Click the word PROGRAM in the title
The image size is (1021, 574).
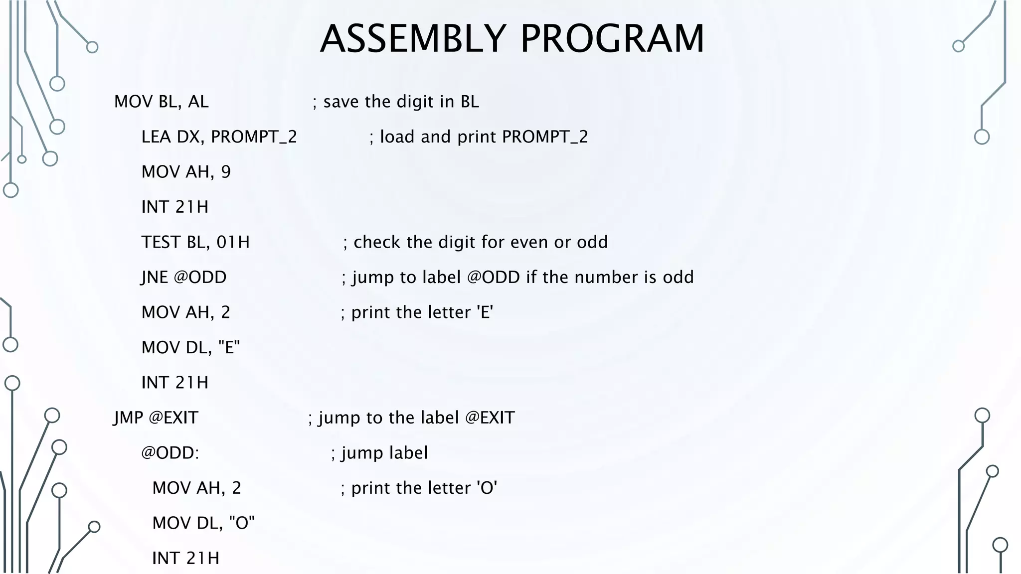(612, 39)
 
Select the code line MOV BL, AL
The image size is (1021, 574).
(161, 102)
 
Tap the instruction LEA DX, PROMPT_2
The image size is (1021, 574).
(219, 137)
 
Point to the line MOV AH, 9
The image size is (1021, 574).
(186, 172)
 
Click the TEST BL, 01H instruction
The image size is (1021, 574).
(195, 242)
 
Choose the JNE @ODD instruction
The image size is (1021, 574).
(184, 277)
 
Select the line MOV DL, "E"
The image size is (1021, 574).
(190, 347)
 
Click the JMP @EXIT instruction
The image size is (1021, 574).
(156, 418)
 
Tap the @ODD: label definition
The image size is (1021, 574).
(170, 453)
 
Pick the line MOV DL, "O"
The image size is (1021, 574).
(203, 523)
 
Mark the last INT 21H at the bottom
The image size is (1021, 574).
(185, 558)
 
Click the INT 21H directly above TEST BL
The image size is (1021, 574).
(175, 207)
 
